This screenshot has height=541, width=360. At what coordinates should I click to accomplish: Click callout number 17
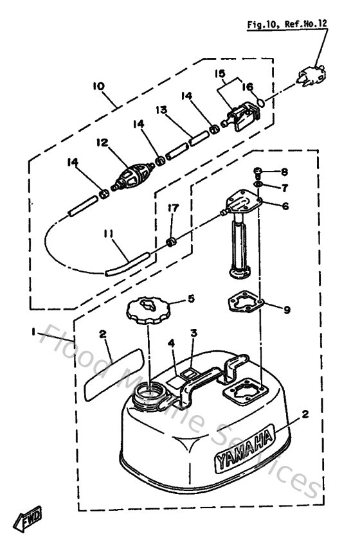[172, 208]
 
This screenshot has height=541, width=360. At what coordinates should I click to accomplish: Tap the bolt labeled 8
[258, 172]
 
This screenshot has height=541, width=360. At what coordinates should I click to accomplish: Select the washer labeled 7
[258, 186]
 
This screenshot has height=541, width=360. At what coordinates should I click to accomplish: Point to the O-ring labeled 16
[260, 103]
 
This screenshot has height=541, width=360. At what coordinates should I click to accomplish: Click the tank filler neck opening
[152, 390]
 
